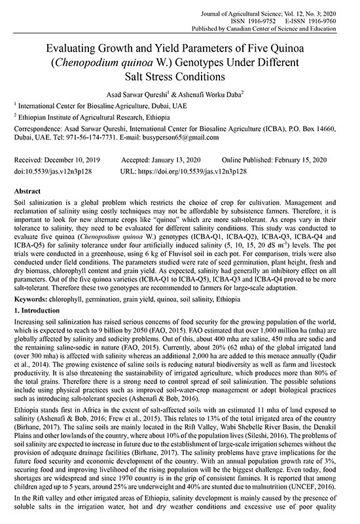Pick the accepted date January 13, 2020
point(172,160)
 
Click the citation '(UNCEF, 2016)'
point(315,488)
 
